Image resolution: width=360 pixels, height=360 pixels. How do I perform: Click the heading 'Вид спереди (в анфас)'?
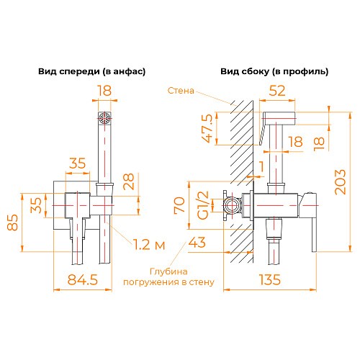point(92,71)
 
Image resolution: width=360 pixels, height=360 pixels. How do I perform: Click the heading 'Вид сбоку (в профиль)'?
point(274,71)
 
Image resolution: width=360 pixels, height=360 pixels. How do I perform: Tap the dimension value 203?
point(341,182)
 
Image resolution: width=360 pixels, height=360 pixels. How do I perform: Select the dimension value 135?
point(270,279)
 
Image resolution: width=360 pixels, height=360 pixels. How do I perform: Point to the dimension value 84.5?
point(83,279)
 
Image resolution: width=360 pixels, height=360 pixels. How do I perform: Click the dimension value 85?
point(12,222)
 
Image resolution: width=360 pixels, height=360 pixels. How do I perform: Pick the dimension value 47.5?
point(207,128)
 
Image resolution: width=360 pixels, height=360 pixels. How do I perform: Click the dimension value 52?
point(277,91)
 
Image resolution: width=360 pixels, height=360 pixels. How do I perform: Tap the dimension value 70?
point(179,204)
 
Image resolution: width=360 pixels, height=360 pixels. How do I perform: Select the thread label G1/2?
point(203,205)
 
